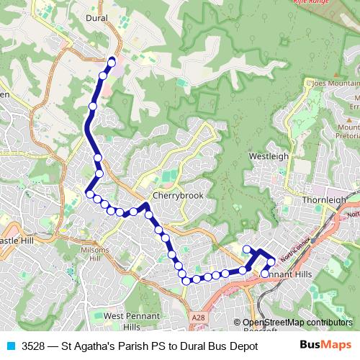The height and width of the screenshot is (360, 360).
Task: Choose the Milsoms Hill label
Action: click(95, 253)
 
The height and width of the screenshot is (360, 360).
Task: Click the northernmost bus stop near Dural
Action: click(112, 61)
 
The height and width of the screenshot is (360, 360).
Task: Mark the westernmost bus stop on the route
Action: click(90, 193)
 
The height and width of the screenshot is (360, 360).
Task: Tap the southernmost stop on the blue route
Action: click(186, 280)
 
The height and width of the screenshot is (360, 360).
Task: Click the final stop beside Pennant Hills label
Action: click(265, 274)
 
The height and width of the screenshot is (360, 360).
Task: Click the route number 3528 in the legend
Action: click(34, 345)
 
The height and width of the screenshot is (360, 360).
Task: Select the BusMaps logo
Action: click(325, 344)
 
